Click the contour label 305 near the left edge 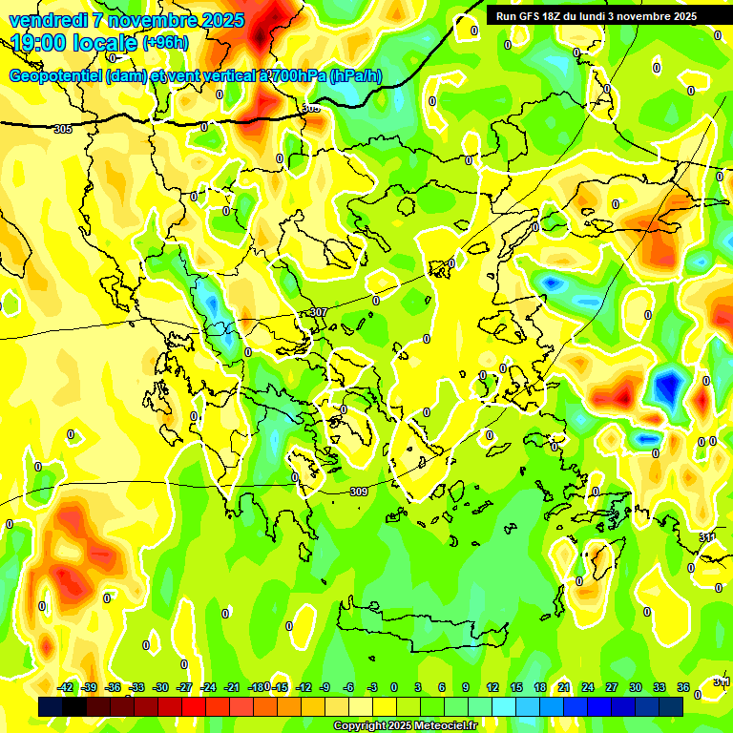tap(63, 129)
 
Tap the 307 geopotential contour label tap(319, 313)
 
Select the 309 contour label tap(358, 492)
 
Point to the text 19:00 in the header tap(39, 43)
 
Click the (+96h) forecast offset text tap(165, 43)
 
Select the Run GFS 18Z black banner tap(596, 16)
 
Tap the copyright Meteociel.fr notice tap(405, 726)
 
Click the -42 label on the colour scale tap(66, 687)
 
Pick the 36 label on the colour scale tap(683, 687)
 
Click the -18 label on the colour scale tap(256, 687)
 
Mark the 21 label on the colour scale tap(564, 687)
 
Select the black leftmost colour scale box tap(51, 706)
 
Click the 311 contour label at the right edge tap(707, 538)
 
